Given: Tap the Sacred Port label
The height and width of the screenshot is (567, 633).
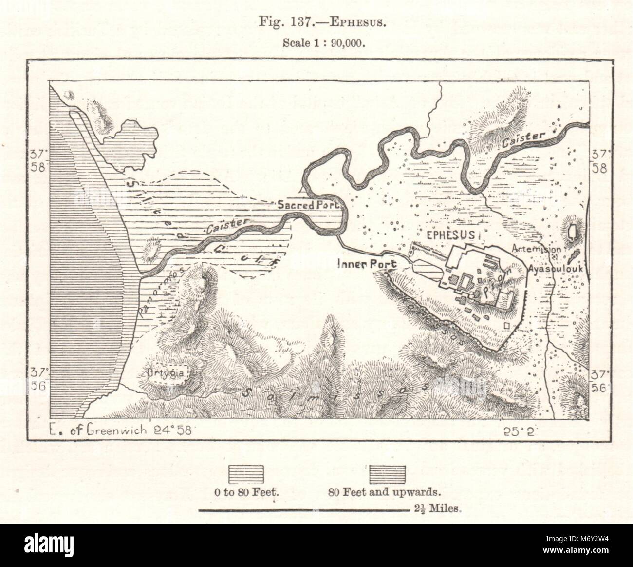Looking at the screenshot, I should point(308,205).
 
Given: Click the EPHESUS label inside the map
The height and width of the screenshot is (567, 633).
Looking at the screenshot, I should point(451,235).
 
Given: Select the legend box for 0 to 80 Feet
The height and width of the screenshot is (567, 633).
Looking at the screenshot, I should point(246,473).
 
